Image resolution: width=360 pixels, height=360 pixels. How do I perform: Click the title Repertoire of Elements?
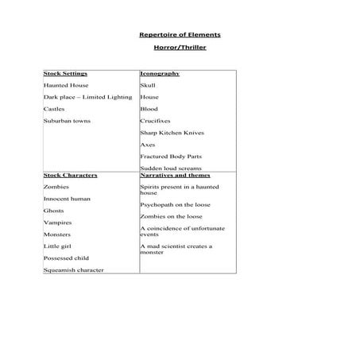tap(180, 36)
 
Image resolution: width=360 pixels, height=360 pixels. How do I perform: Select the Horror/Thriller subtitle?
tap(180, 48)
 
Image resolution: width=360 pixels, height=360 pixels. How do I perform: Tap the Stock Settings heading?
tap(66, 73)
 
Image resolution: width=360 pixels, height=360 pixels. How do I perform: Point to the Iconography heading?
tap(159, 73)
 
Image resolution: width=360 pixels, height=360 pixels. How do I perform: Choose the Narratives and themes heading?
tap(173, 174)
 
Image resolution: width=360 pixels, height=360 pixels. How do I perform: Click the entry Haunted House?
tap(66, 85)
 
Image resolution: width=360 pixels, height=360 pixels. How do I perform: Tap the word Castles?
tap(55, 109)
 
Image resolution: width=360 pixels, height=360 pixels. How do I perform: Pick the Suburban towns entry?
tap(67, 121)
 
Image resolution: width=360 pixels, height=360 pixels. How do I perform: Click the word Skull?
tap(148, 85)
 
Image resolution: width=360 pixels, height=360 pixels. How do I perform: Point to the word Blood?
tap(149, 109)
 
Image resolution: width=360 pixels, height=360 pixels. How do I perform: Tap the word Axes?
tap(148, 145)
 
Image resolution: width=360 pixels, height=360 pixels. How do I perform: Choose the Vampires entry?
tap(57, 223)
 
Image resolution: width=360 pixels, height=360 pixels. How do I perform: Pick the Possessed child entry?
tap(66, 258)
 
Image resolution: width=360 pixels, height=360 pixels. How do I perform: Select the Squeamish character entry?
tap(73, 270)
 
